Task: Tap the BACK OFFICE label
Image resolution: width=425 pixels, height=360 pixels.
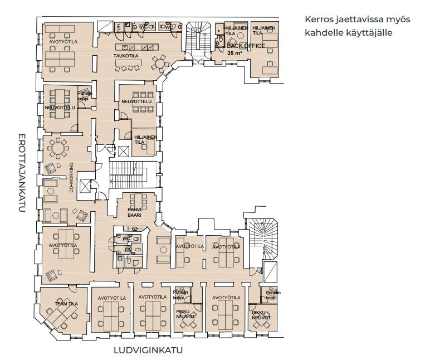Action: coord(246,46)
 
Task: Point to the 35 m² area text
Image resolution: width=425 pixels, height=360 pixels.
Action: coord(234,52)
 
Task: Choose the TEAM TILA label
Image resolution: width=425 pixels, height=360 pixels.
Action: coord(65,303)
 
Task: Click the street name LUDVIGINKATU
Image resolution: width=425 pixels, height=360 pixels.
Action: coord(148,351)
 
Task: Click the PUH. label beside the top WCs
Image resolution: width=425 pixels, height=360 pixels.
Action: coord(118,27)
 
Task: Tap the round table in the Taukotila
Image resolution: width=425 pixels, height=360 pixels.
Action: coord(161,65)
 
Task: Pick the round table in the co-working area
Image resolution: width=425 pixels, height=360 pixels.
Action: coord(58,147)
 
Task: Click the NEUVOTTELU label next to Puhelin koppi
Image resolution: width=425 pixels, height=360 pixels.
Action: coord(60,108)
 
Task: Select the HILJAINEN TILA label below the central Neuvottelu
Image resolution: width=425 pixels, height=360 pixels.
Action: coord(144,139)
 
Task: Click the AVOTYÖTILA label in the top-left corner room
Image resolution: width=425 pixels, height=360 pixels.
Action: coord(63,42)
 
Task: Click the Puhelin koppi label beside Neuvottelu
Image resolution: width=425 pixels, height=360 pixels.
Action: coord(84,96)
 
